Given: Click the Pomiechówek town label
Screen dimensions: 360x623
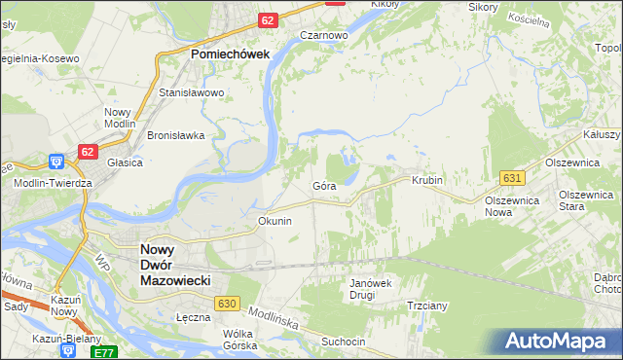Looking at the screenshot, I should click(230, 55).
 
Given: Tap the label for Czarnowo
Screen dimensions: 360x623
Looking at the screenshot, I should click(324, 35).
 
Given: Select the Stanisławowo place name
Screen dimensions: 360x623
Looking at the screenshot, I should click(192, 93).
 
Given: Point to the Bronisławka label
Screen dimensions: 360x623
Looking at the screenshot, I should click(175, 136).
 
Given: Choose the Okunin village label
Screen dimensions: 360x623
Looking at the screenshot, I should click(275, 221).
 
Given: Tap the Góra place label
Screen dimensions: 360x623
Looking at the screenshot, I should click(324, 185).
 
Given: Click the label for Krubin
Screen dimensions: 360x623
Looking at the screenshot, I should click(427, 181).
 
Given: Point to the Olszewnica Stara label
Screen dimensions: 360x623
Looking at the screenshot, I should click(584, 200).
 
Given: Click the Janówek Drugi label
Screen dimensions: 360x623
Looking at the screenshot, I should click(369, 289).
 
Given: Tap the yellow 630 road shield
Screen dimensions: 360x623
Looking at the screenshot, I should click(228, 305).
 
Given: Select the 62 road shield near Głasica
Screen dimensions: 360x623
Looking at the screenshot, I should click(89, 152).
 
